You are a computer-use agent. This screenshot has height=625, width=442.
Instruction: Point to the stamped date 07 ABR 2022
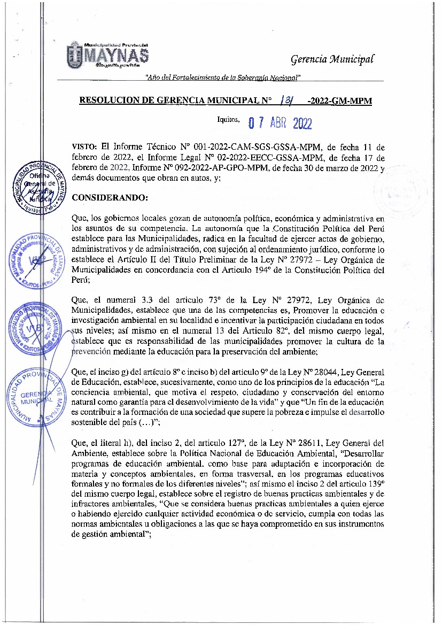280,124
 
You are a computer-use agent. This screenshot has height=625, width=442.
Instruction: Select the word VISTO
84,146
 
